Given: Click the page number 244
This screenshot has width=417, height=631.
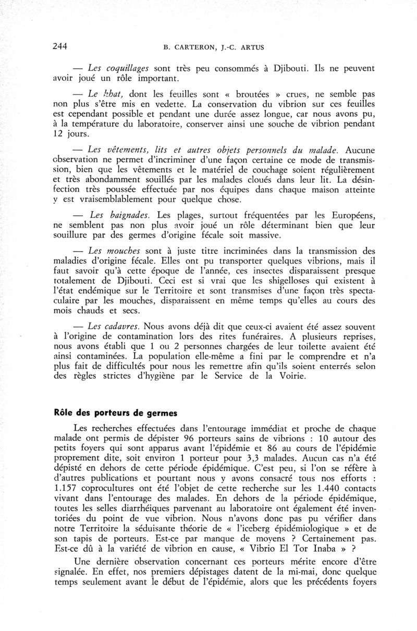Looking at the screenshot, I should click(x=60, y=45).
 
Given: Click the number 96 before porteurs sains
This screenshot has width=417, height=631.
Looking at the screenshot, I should click(x=190, y=439).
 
